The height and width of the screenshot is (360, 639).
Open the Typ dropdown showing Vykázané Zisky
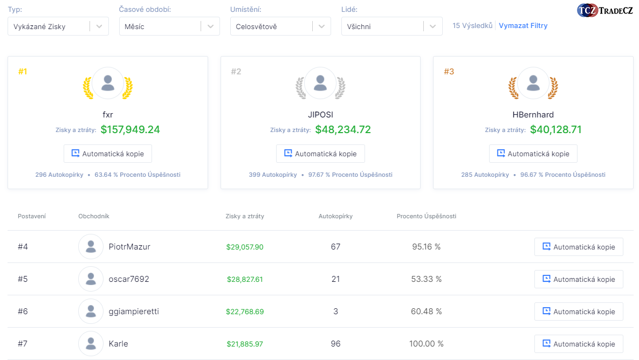[x=58, y=26]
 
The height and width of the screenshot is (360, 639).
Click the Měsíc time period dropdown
[x=169, y=26]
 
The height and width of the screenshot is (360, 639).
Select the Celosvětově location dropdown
[x=280, y=26]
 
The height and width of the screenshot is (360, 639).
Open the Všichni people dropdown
[x=391, y=26]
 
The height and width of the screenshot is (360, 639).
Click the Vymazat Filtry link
[x=523, y=26]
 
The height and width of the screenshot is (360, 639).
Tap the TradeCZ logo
[x=604, y=10]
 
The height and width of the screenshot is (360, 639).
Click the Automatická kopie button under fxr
[x=108, y=154]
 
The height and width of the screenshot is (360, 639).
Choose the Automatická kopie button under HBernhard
[x=533, y=154]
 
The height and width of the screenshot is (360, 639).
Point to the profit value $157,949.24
[x=130, y=130]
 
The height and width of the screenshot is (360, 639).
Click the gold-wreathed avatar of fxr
[x=108, y=83]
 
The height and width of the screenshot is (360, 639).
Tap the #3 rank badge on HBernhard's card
[x=449, y=71]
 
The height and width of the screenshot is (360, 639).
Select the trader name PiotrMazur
[x=129, y=247]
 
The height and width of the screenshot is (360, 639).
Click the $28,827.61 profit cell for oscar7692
[x=245, y=279]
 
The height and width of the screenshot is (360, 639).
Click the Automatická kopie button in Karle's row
[x=579, y=344]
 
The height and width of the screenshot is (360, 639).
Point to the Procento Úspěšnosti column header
[x=426, y=216]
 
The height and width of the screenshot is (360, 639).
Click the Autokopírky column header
[x=335, y=216]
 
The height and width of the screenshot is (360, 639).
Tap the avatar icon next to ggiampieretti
[x=91, y=311]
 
